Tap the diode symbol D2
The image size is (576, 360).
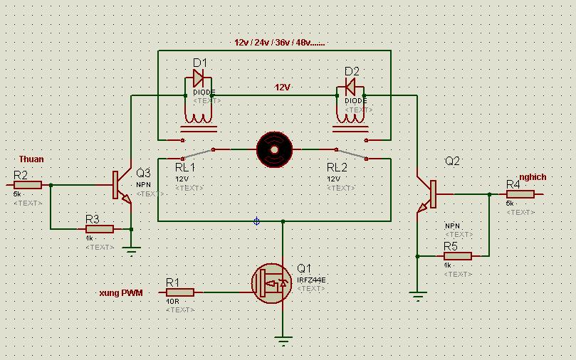(350, 86)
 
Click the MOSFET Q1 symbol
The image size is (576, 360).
(272, 283)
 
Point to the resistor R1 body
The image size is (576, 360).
(180, 292)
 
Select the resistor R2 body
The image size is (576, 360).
(28, 185)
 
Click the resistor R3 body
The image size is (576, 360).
(99, 229)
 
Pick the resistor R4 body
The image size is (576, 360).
(520, 194)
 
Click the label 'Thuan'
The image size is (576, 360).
(31, 159)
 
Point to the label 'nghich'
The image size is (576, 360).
(533, 176)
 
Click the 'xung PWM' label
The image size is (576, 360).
(121, 292)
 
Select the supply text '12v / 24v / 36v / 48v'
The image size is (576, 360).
(279, 43)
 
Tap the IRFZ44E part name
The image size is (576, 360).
(312, 280)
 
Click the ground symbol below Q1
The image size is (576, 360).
(284, 341)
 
